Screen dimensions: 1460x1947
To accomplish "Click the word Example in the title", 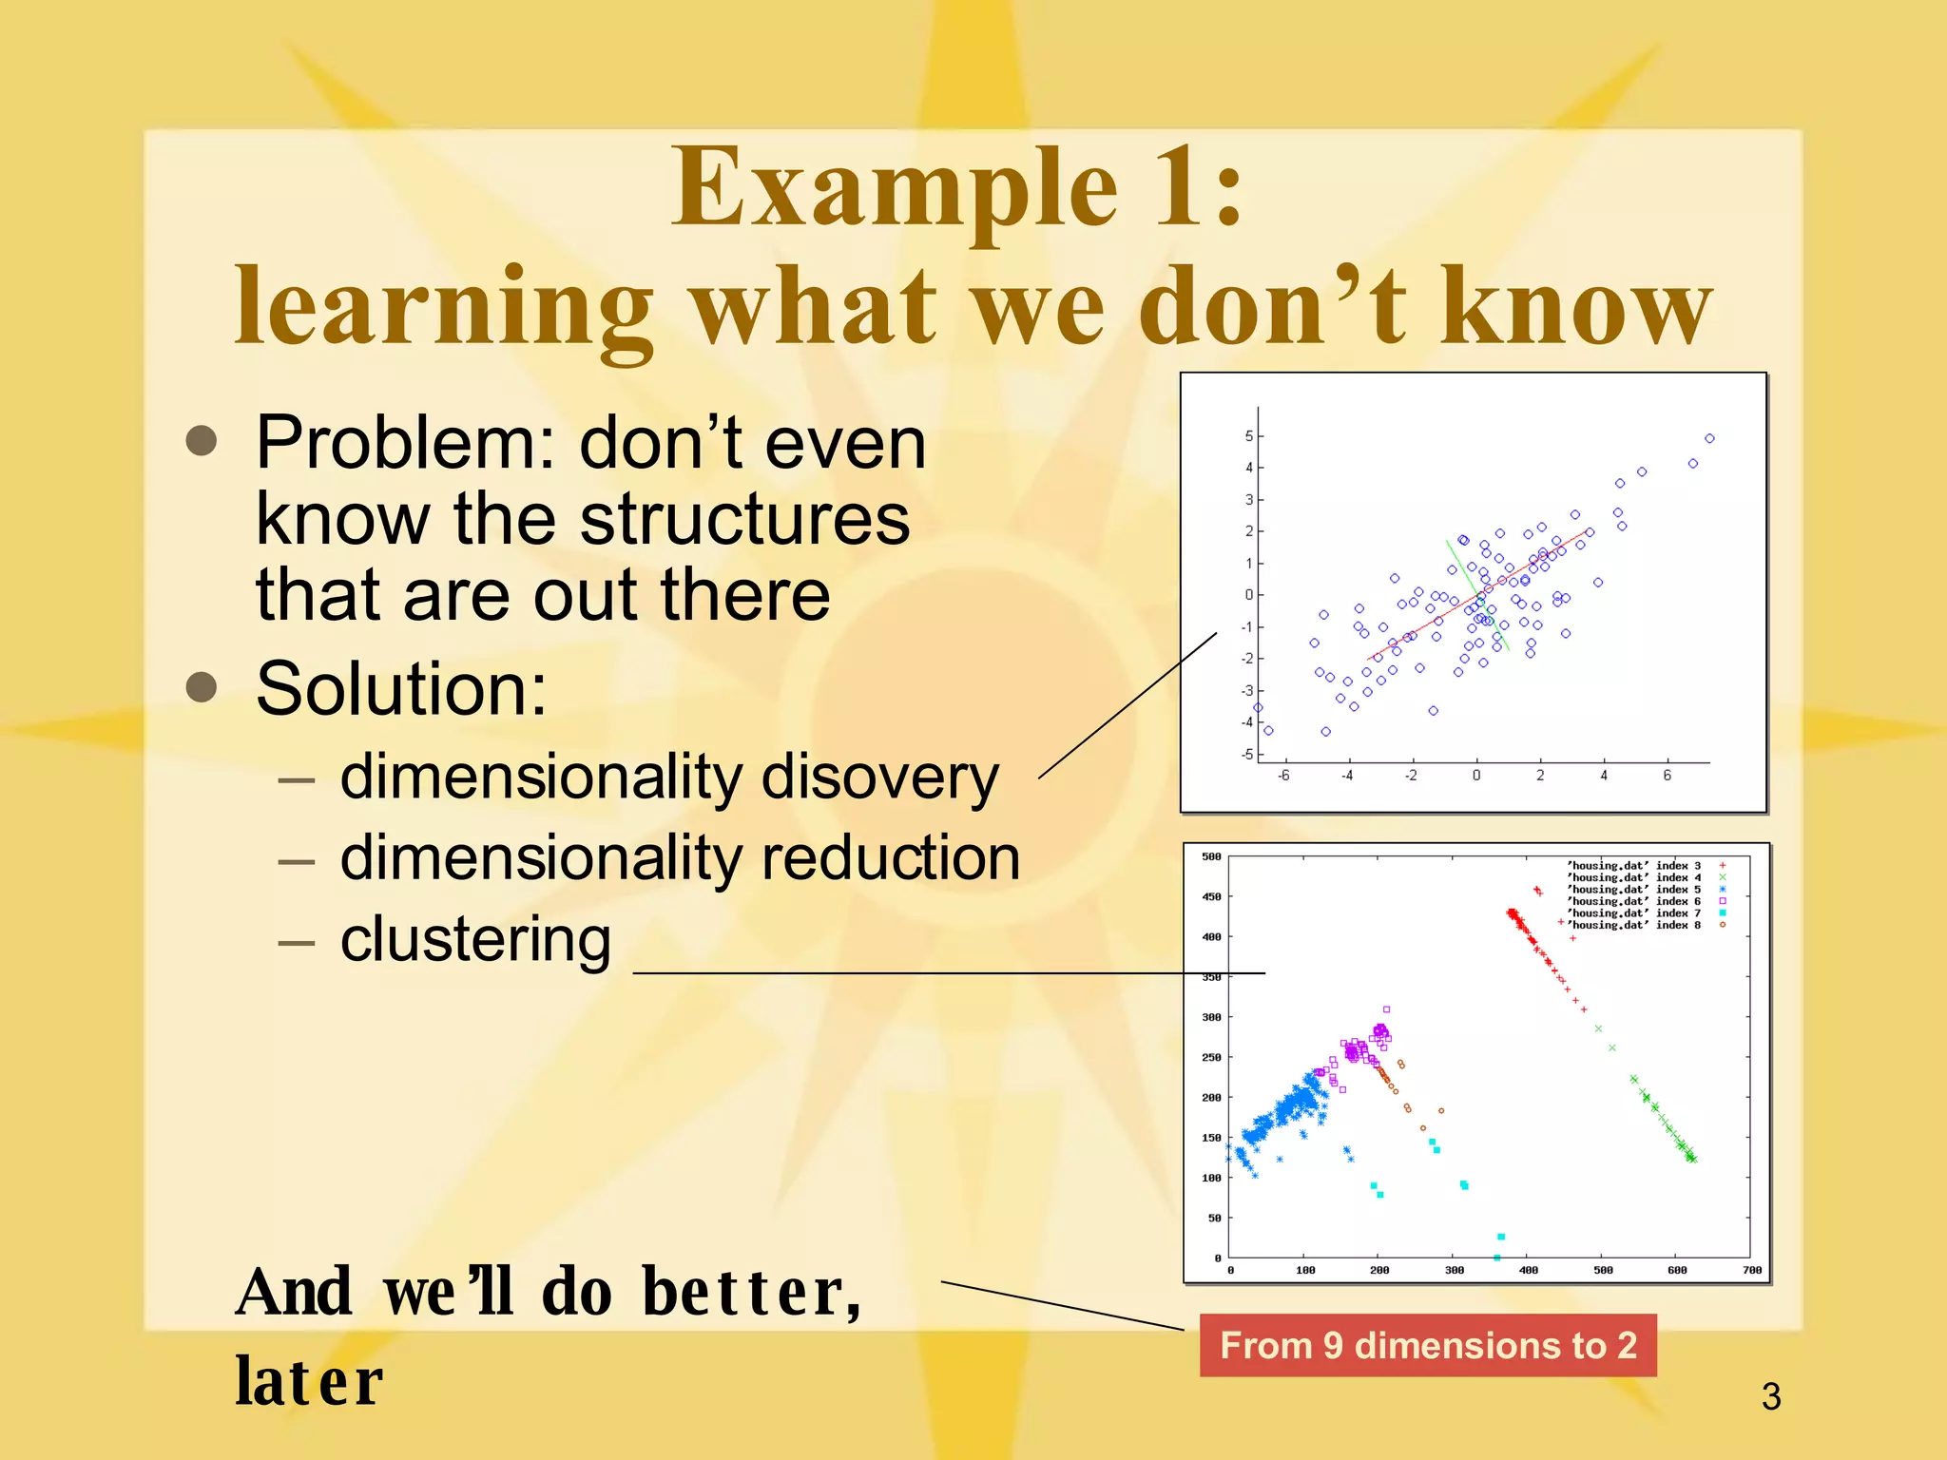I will point(894,187).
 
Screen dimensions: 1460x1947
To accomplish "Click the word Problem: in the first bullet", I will point(405,443).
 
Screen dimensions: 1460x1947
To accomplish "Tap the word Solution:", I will point(401,688).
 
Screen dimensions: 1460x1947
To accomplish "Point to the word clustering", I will point(475,939).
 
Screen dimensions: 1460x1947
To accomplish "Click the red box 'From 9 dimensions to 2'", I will point(1427,1345).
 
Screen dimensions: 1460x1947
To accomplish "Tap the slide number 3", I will point(1770,1396).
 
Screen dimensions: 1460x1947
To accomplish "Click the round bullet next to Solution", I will point(202,686).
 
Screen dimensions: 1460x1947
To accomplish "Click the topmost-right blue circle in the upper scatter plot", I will point(1709,438).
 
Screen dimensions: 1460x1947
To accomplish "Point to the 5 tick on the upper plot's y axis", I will point(1248,436).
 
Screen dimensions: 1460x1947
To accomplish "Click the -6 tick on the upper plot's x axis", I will point(1283,776).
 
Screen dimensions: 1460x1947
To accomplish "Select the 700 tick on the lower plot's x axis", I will point(1752,1270).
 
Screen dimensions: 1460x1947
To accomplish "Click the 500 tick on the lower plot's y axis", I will point(1211,856).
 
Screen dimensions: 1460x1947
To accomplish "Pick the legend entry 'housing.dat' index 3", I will point(1633,866).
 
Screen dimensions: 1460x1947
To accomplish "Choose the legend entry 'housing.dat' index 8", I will point(1633,925).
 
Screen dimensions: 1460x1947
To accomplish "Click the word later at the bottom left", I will point(309,1381).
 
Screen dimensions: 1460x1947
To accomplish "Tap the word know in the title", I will point(1575,306).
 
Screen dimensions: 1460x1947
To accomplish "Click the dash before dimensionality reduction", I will point(297,861).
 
